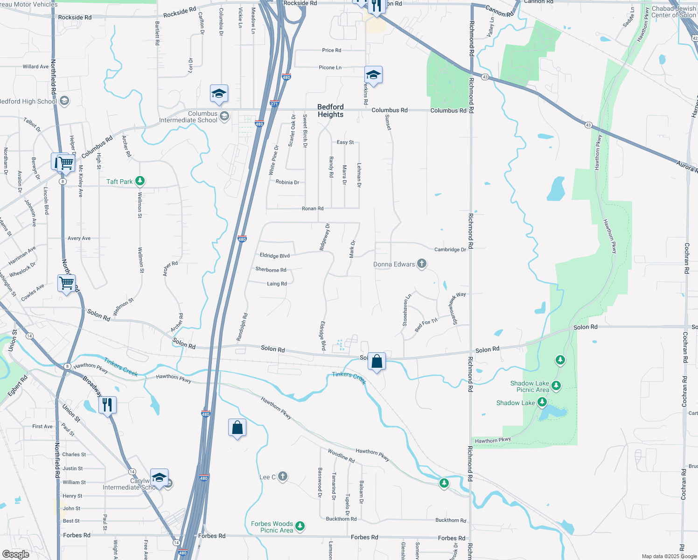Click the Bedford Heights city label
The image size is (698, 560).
point(330,111)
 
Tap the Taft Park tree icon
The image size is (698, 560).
point(140,181)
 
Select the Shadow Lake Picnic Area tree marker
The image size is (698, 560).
point(556,386)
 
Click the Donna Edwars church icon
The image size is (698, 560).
point(421,264)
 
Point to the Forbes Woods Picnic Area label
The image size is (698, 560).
point(272,527)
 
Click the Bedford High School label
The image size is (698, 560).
point(28,101)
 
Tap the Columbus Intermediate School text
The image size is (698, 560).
point(188,117)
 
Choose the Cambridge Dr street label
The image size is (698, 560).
point(450,250)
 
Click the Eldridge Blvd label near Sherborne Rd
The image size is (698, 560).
point(275,256)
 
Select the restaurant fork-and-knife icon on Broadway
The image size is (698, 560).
point(107,404)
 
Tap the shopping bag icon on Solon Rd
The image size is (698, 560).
point(377,361)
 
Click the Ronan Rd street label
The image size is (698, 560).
point(312,209)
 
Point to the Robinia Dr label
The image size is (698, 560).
point(287,182)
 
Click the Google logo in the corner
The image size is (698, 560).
point(16,554)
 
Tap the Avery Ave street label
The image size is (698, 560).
point(79,238)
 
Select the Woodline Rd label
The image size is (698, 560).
point(341,455)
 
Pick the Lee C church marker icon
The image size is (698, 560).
point(282,476)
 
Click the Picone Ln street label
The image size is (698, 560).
point(330,68)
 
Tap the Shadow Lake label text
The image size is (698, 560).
point(515,403)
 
